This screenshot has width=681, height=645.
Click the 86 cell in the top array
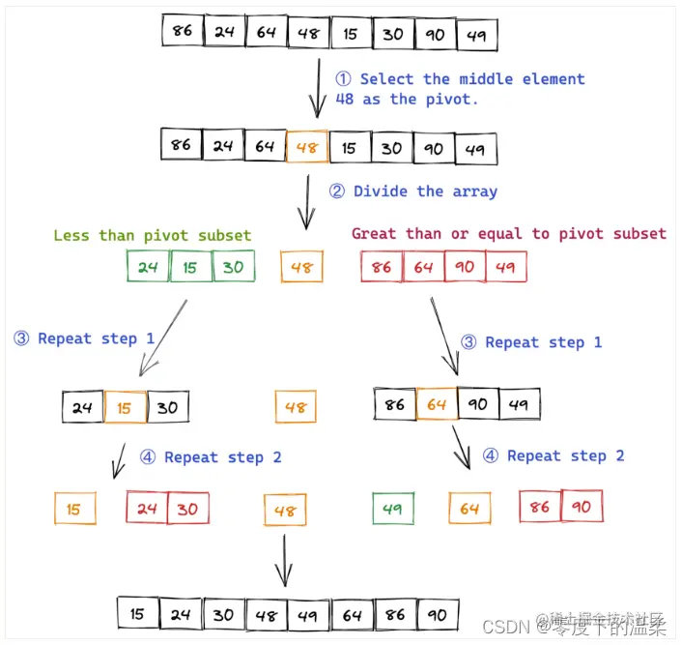coord(182,31)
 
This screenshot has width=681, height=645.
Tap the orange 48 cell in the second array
coord(307,147)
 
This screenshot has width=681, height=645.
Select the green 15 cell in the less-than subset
coord(190,267)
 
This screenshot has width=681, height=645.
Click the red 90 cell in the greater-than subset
coord(465,267)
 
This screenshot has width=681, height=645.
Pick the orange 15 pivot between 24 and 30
coord(125,407)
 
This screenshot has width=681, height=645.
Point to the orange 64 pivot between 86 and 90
coord(437,404)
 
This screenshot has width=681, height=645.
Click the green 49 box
coord(392,509)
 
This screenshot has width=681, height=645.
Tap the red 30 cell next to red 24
coord(187,509)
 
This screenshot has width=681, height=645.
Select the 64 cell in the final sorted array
coord(351,614)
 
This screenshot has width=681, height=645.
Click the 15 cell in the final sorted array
coord(137,614)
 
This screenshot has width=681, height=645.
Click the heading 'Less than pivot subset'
coord(152,235)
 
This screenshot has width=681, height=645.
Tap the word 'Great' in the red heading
coord(374,233)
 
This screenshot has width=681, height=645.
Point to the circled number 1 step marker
coord(344,79)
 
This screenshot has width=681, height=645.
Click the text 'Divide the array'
coord(425,191)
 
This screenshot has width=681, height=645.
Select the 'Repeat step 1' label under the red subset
coord(543,342)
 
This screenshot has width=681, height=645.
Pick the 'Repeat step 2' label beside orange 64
coord(565,455)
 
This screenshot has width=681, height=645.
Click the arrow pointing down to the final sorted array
coord(283,561)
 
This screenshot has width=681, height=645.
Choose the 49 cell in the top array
coord(475,36)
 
